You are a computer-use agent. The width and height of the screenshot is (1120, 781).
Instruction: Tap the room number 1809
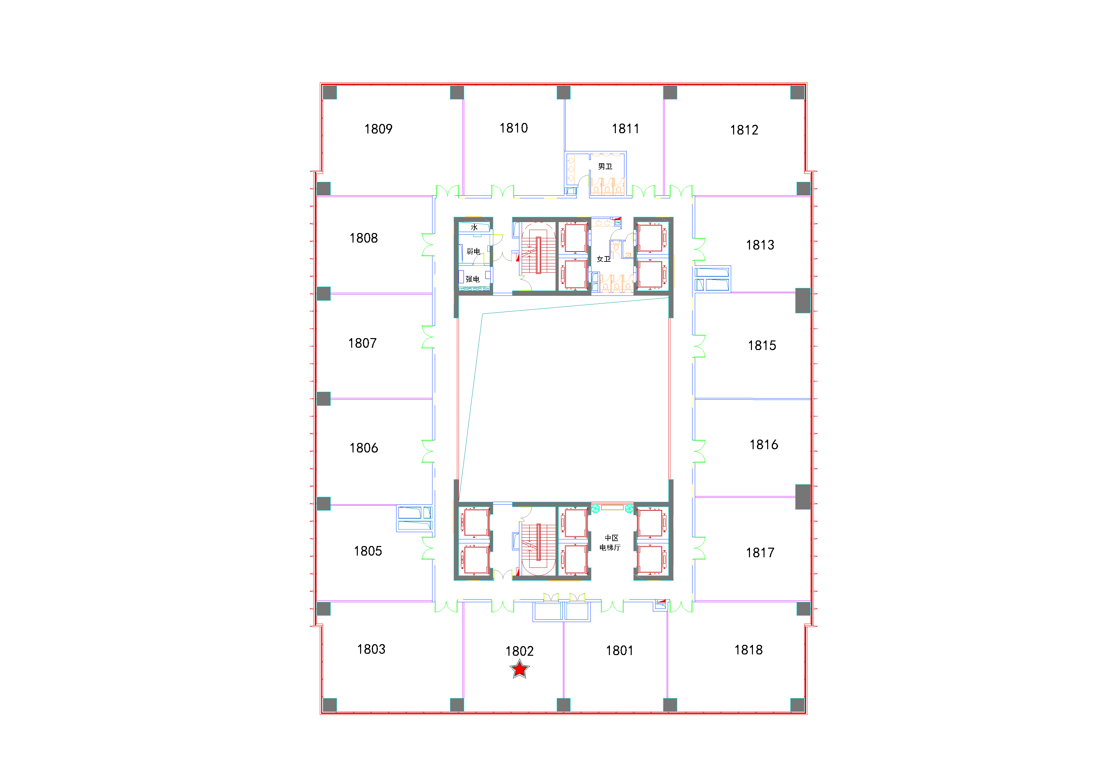coord(379,129)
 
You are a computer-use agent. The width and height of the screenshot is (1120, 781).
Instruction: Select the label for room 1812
coord(744,130)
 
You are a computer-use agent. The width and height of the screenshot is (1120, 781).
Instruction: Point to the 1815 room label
coord(762,346)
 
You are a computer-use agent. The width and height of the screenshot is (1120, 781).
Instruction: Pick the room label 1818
coord(749,650)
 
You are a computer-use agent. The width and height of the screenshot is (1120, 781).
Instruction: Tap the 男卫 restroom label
coord(605,167)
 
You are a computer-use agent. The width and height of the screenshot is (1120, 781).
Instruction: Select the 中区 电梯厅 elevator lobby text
coord(610,543)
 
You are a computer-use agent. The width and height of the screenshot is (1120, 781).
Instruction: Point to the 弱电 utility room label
coord(473,252)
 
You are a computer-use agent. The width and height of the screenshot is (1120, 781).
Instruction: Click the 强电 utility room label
coord(472,279)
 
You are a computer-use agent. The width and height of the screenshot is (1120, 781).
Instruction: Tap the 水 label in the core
coord(474,227)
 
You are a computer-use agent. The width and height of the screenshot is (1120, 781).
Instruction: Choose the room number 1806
coord(364,449)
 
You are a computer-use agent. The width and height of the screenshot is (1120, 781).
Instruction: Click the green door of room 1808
coord(428,245)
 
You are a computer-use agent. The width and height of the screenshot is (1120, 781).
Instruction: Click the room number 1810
coord(514,128)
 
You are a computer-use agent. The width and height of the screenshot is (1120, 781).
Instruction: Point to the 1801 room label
coord(619,651)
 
